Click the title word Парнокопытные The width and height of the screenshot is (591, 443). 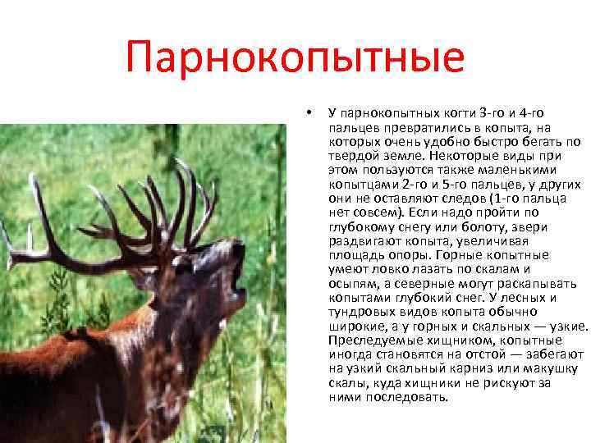click(295, 60)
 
